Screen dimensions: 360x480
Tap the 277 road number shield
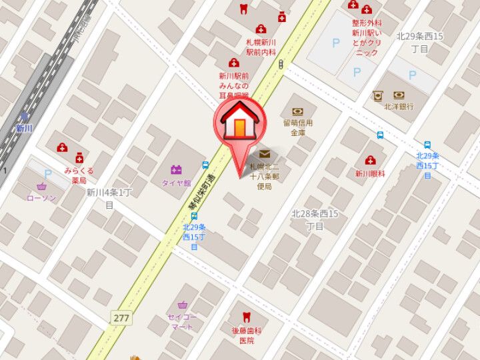click(121, 318)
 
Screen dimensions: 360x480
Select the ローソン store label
click(41, 198)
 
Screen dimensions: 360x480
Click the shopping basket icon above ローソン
click(43, 187)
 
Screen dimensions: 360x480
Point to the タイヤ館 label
click(176, 182)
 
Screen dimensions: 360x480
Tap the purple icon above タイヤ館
click(176, 170)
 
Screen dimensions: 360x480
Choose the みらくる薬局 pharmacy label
click(79, 175)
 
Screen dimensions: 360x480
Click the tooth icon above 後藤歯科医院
click(246, 316)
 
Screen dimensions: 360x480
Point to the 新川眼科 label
click(370, 174)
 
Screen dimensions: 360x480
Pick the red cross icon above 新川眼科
click(370, 161)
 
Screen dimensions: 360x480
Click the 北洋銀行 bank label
click(399, 107)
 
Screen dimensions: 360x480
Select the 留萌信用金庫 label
click(297, 127)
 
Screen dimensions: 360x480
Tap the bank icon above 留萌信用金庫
click(297, 111)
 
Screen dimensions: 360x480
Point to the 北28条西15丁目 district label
click(315, 219)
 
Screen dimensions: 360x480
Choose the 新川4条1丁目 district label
click(110, 198)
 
